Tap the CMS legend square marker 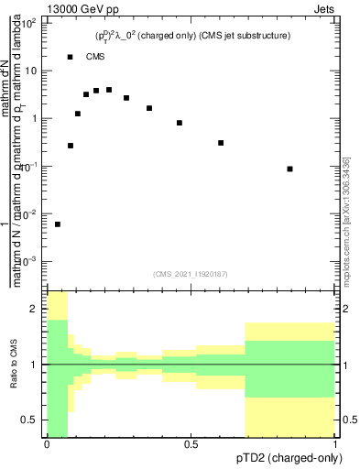pos(71,57)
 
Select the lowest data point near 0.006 pos(58,224)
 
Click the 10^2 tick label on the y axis pos(29,23)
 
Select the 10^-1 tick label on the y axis pos(29,167)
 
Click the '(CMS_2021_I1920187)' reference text pos(191,272)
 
